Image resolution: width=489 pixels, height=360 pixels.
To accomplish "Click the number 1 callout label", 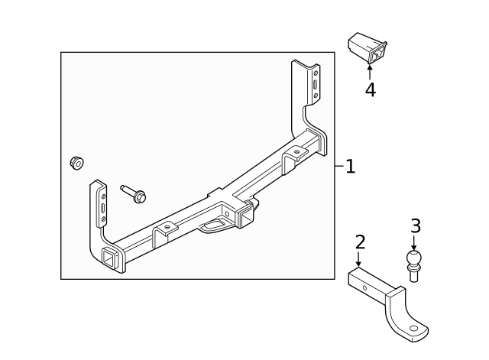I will (x=350, y=166).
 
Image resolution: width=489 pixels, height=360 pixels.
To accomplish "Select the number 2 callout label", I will (x=360, y=242).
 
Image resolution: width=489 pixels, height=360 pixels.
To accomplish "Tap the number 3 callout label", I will (x=416, y=225).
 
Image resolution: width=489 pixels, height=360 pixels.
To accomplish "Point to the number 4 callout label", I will (x=370, y=89).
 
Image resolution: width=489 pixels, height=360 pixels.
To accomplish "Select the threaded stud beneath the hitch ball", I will (x=415, y=275).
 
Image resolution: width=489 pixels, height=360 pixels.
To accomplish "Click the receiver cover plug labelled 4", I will (x=367, y=48).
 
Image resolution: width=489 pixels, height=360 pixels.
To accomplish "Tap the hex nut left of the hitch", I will (x=76, y=162).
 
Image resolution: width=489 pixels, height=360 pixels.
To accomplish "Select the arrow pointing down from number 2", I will (x=359, y=260).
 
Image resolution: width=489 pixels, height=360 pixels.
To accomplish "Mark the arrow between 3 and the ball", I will (x=415, y=241).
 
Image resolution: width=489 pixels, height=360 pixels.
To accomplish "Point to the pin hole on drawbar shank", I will (x=364, y=289).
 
